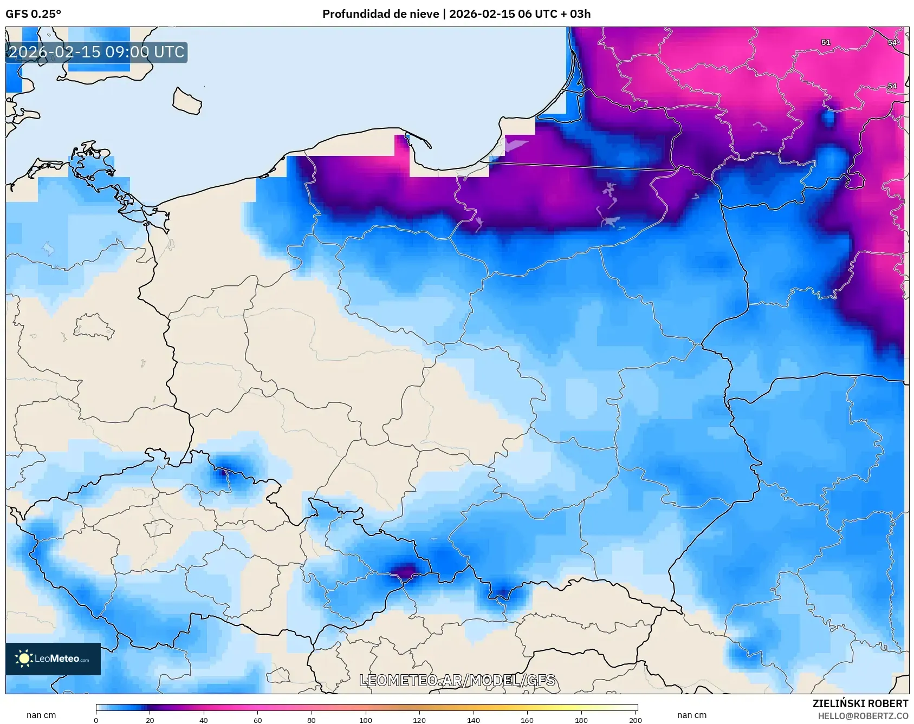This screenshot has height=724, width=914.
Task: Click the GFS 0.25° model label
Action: [x=33, y=14]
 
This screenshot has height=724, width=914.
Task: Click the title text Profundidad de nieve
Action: [x=380, y=14]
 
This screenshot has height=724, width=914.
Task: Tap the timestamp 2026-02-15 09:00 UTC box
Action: [x=96, y=52]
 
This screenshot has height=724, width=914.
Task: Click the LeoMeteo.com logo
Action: [x=53, y=658]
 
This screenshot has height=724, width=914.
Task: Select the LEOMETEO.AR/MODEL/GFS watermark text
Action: [x=457, y=680]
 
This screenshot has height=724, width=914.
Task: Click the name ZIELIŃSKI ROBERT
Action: [x=860, y=703]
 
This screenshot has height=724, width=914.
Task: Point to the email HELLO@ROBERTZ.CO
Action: [x=863, y=716]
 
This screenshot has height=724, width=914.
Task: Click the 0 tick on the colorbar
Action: [x=96, y=720]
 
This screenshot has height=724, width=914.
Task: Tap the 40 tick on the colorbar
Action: [x=204, y=720]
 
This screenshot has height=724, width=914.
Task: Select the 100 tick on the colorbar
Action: [x=366, y=720]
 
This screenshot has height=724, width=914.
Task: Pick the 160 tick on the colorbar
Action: [x=527, y=720]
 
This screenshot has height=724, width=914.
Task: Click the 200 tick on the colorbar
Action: [x=635, y=720]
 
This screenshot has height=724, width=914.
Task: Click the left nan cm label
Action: [x=41, y=715]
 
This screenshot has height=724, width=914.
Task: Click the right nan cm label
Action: [x=691, y=715]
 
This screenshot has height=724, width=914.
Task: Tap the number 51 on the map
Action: [x=825, y=42]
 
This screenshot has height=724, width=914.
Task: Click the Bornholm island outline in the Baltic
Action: [x=187, y=102]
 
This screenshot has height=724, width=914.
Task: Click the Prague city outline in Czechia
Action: [x=158, y=527]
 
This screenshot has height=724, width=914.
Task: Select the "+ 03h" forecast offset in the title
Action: [x=577, y=14]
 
